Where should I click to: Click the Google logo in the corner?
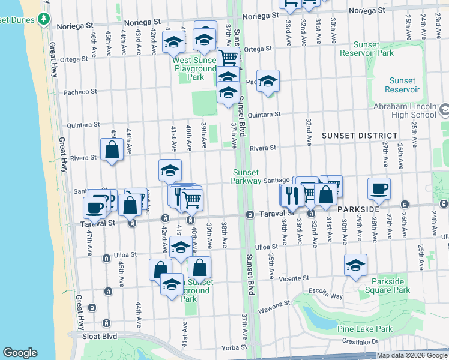[20, 353]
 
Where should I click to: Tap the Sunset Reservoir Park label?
[367, 49]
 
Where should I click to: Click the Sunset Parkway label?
[247, 176]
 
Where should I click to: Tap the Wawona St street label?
[275, 311]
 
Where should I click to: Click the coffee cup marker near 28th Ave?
[379, 188]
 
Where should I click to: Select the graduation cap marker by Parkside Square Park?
[356, 265]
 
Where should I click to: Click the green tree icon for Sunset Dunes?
[43, 19]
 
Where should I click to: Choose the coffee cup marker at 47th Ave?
[94, 208]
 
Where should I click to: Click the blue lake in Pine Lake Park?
[318, 317]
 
